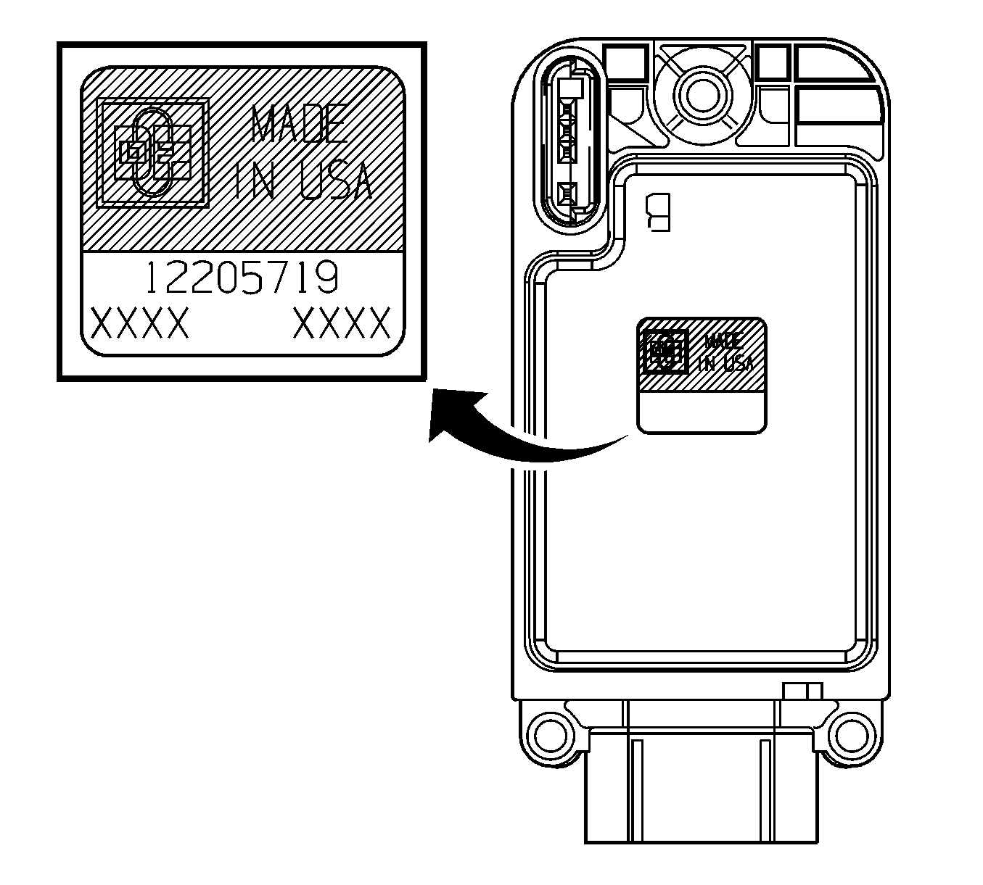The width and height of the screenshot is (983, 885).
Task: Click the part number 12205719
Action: click(x=242, y=277)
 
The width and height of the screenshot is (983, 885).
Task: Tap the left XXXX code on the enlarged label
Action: click(x=140, y=323)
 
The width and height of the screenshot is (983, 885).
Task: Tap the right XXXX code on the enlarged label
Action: click(x=342, y=323)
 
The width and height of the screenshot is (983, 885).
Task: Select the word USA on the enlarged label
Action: click(x=336, y=180)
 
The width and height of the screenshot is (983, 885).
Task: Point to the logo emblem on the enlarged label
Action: click(x=153, y=153)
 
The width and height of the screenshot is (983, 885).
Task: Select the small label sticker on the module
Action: click(x=702, y=375)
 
